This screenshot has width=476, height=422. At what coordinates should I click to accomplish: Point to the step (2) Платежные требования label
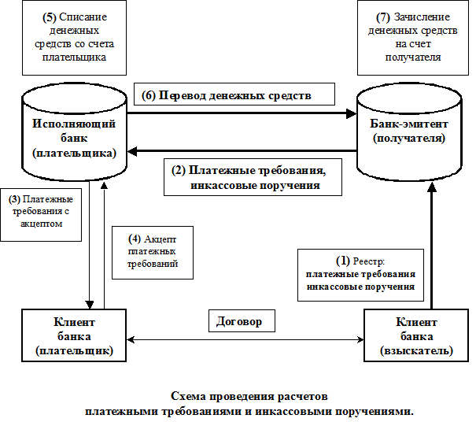tap(253, 178)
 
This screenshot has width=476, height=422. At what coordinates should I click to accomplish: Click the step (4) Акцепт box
tap(159, 251)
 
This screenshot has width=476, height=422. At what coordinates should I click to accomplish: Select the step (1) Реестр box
tap(360, 273)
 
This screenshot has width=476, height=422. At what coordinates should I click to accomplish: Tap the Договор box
tap(244, 321)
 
